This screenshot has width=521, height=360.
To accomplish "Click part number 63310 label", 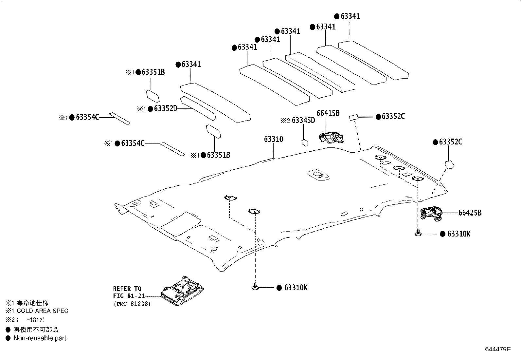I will click(x=273, y=139).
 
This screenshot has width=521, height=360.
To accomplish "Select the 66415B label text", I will click(x=328, y=113).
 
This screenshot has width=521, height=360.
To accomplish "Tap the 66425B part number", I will click(x=470, y=213).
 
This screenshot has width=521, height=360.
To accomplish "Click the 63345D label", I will click(x=303, y=121).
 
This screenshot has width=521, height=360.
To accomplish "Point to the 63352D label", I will click(x=165, y=109).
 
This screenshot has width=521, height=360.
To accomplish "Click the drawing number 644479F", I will click(x=497, y=349).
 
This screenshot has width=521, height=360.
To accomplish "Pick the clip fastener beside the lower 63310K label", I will click(x=255, y=287).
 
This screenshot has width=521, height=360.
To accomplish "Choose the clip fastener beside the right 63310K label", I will click(x=418, y=233).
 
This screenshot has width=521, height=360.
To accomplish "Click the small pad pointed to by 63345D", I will click(x=304, y=142).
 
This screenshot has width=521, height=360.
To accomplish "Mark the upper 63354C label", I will click(x=87, y=117).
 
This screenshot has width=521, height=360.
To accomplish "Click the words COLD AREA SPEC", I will click(x=43, y=311).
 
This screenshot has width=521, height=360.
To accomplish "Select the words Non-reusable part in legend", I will click(x=40, y=338).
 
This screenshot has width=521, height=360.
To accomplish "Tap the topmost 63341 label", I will click(x=350, y=16).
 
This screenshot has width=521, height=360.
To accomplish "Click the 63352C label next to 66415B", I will click(x=393, y=116).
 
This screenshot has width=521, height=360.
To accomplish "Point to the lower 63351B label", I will click(x=218, y=155).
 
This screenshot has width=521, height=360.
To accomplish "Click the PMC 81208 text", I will click(x=132, y=304).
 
